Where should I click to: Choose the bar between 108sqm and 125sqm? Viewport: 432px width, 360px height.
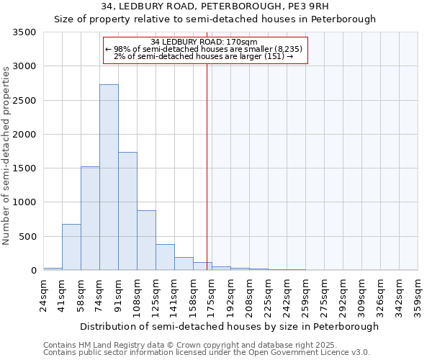146,240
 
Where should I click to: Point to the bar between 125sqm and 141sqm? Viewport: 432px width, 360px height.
165,257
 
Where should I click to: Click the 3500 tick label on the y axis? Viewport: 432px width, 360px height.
24,32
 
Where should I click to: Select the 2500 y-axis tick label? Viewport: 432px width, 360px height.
24,101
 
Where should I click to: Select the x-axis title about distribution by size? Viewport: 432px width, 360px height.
229,326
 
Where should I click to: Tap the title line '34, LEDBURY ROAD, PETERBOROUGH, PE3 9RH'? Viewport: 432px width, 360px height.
215,6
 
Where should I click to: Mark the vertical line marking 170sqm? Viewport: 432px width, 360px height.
207,166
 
